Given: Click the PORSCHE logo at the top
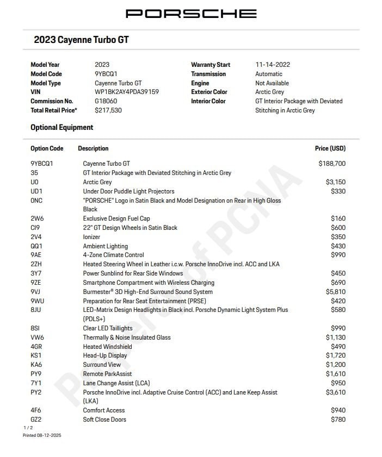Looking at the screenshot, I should click(x=191, y=14).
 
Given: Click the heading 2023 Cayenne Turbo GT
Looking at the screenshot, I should click(x=81, y=40).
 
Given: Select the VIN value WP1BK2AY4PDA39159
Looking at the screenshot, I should click(x=127, y=92).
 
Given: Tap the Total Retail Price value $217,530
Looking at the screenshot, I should click(x=108, y=110).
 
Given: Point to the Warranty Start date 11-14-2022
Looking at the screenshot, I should click(x=273, y=65).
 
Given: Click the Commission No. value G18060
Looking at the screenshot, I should click(x=106, y=101).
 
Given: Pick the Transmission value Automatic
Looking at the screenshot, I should click(x=269, y=74).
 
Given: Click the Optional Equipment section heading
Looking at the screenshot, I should click(x=61, y=127).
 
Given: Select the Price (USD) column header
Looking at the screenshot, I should click(x=330, y=148).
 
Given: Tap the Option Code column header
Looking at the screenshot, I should click(x=47, y=148).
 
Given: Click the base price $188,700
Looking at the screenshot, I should click(x=332, y=163).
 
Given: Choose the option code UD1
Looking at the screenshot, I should click(x=36, y=191).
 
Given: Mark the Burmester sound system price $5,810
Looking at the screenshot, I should click(x=335, y=292).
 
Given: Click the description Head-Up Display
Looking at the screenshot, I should click(x=105, y=355).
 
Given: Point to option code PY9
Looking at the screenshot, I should click(x=36, y=374).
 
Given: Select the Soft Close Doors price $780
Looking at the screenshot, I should click(x=338, y=420).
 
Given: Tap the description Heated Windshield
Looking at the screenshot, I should click(x=107, y=347).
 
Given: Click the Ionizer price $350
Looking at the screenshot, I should click(x=338, y=237).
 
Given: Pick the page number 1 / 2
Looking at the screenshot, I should click(x=27, y=428).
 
